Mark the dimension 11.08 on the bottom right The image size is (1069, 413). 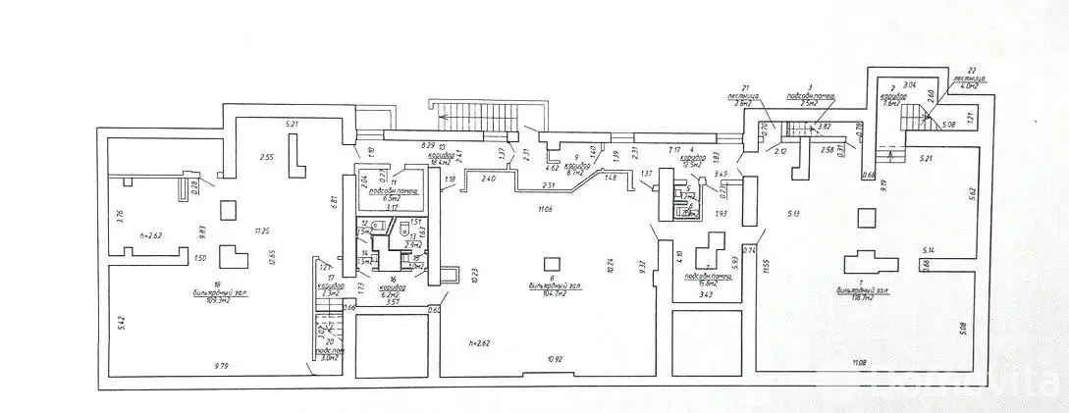[x=860, y=363]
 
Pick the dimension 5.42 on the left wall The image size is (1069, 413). [x=119, y=320]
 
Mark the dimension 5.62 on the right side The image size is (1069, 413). [x=990, y=193]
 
